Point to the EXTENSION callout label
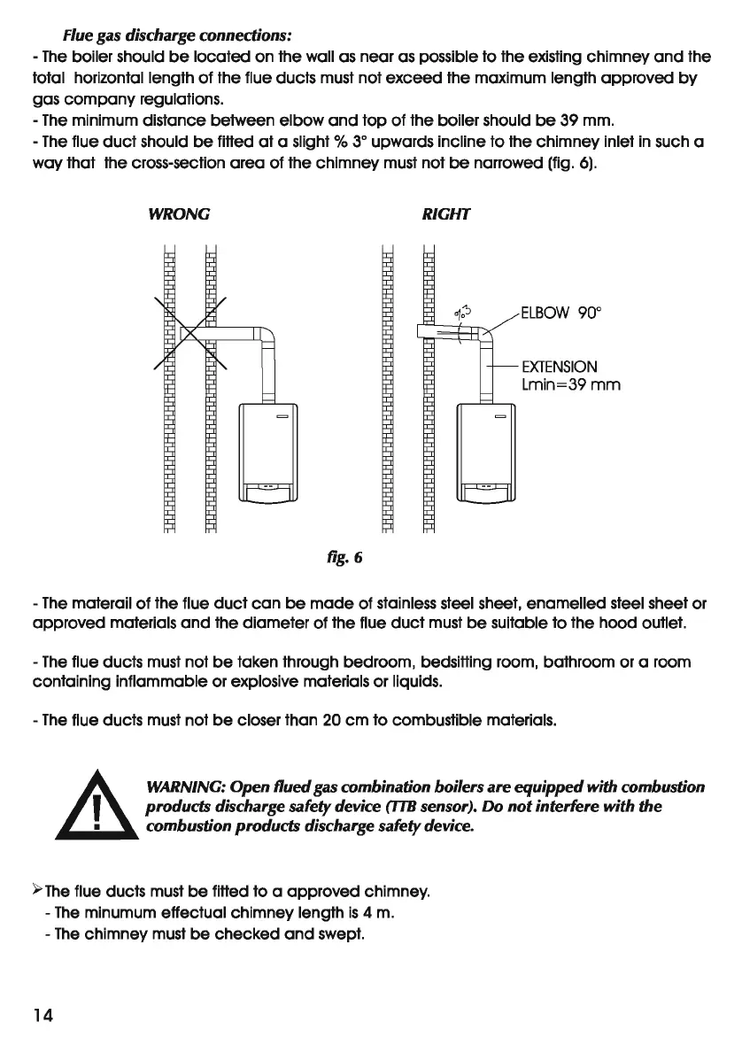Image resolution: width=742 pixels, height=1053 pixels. coord(560,367)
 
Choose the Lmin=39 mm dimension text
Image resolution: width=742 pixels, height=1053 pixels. coord(571,385)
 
